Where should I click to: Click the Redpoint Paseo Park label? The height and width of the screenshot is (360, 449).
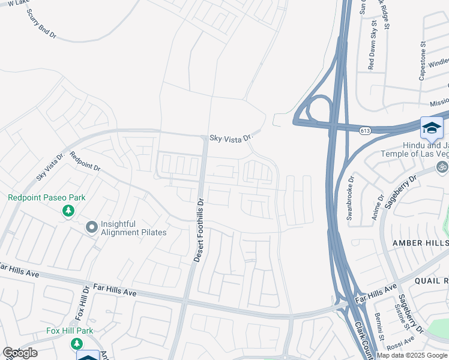46,197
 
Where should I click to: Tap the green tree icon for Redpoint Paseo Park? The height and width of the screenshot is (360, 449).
68,211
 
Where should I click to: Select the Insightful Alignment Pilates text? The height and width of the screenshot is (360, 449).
133,228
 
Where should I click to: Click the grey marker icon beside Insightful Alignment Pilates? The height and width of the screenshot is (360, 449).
91,227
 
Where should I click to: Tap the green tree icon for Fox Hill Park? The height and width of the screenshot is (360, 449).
76,343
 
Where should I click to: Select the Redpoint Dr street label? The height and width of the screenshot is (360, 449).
85,162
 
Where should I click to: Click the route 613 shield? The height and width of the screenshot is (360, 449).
364,130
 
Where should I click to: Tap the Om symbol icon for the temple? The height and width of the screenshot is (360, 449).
442,166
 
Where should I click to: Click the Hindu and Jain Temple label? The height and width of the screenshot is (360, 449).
414,149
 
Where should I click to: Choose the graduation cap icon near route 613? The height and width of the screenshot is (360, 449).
432,128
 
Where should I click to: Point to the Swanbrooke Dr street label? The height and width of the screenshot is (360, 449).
350,198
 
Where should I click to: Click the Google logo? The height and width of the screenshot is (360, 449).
20,353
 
